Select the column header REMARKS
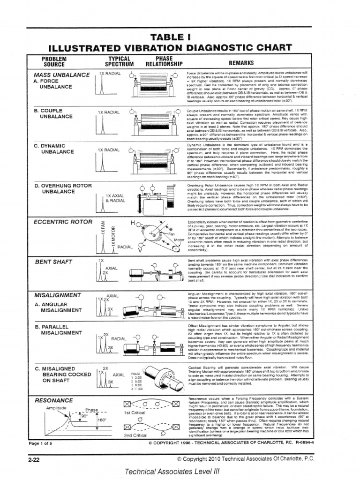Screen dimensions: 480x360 coord(241,62)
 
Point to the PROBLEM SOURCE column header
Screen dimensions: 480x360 coord(54,61)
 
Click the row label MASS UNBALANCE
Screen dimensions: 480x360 coord(61,75)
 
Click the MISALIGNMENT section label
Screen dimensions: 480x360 coord(58,295)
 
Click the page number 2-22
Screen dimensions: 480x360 coord(34,460)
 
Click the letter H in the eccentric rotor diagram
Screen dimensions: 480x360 coord(133,222)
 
